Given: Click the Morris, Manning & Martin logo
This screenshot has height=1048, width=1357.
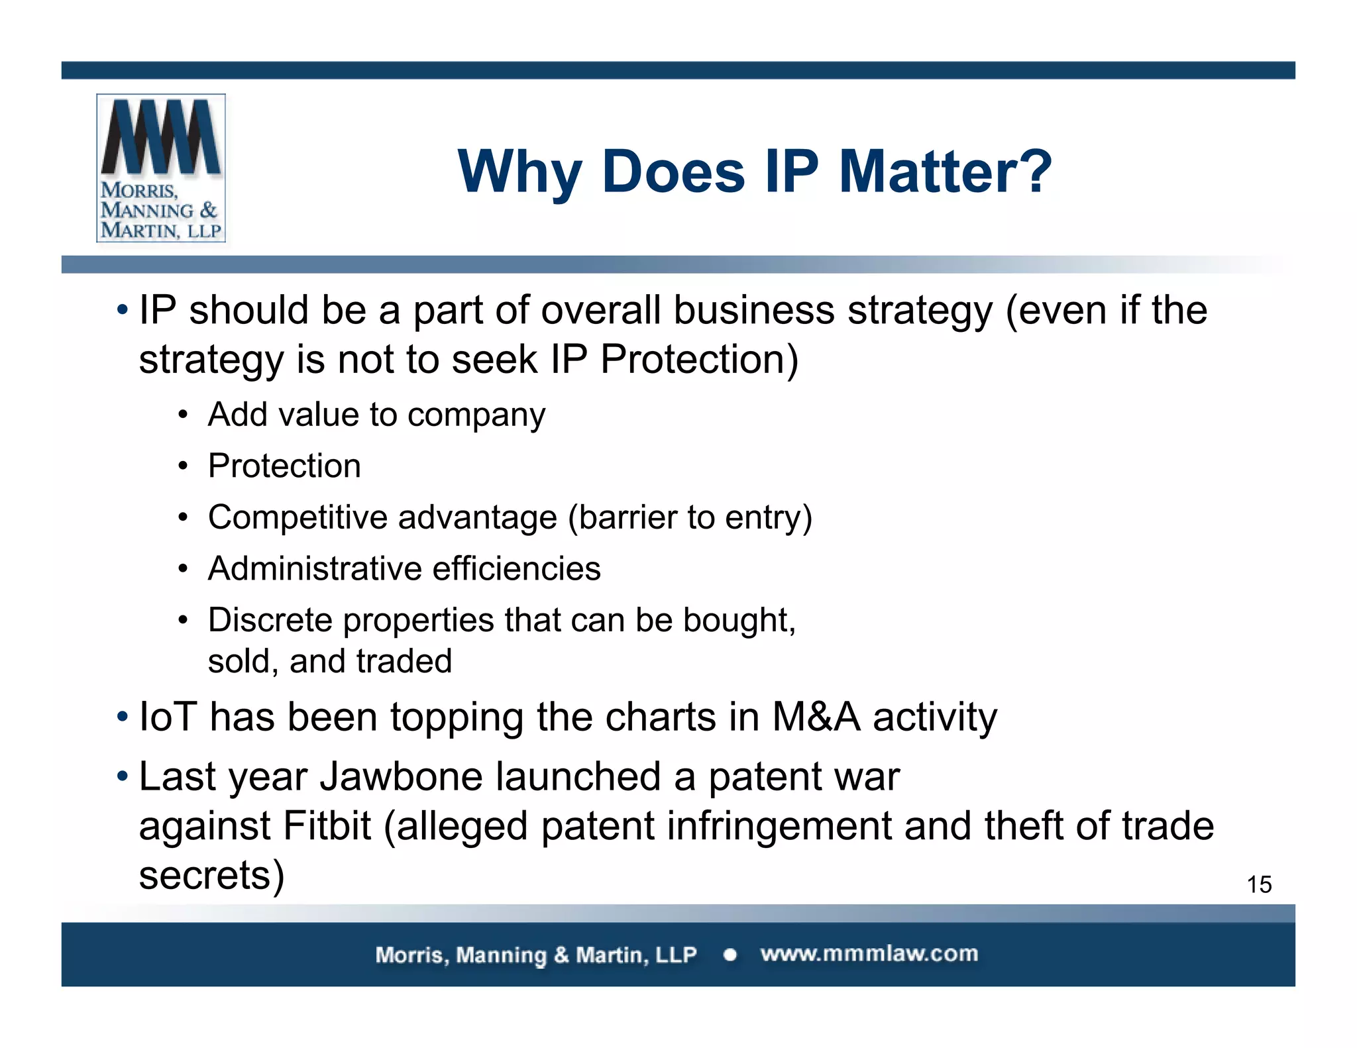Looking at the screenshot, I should point(161,168).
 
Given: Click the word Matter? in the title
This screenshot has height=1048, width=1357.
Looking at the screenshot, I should point(945,172).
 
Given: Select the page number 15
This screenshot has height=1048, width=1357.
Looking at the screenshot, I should point(1259,884).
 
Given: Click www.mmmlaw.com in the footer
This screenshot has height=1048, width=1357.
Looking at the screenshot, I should point(869,954).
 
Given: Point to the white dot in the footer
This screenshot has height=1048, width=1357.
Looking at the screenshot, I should point(730,955).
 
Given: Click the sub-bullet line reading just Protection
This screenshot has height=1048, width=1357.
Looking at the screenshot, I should point(284,466).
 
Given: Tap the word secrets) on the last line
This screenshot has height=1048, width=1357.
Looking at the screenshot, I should point(211,876).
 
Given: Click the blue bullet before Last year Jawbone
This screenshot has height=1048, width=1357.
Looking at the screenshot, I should point(122,775).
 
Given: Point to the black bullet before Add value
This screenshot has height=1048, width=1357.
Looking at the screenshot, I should point(183,415).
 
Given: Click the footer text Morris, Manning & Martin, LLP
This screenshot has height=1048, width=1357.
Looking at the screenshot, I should point(535,955).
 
